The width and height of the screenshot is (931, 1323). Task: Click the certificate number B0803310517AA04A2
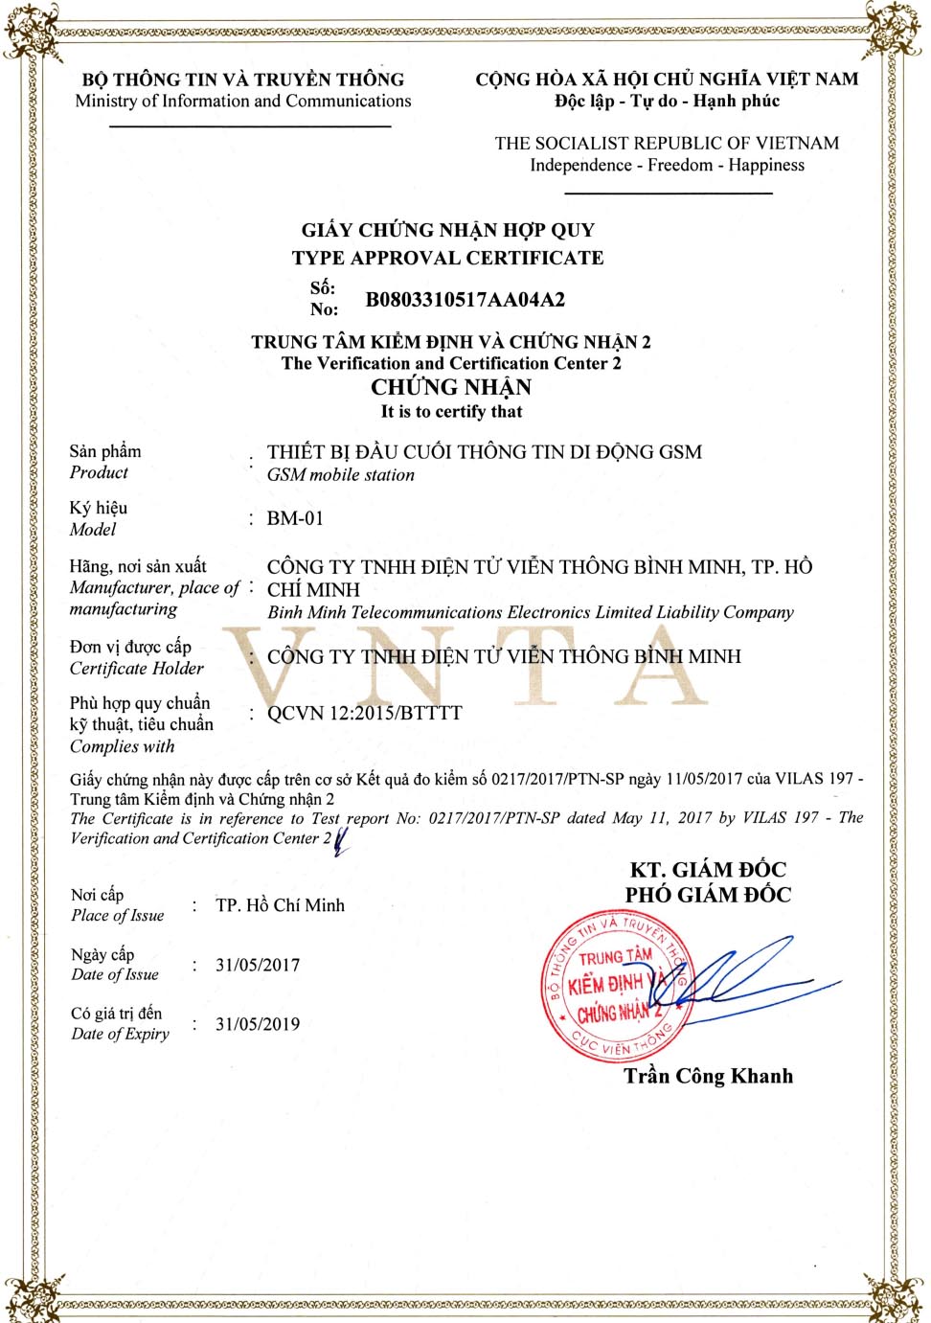(465, 300)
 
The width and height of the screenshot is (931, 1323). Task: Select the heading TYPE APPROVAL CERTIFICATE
(447, 258)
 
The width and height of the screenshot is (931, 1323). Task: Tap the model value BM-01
(295, 518)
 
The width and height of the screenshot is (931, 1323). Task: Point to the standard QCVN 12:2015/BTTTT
(364, 713)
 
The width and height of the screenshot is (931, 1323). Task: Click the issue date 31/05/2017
(258, 965)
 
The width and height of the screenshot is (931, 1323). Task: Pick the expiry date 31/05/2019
(258, 1024)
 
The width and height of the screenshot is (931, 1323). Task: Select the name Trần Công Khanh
(708, 1076)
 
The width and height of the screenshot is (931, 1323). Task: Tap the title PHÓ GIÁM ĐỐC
(708, 895)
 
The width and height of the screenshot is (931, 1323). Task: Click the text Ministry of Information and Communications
(243, 101)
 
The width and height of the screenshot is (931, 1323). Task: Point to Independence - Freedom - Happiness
(667, 165)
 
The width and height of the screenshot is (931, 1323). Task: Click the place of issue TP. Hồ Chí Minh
(280, 905)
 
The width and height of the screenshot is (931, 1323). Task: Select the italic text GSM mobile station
(340, 474)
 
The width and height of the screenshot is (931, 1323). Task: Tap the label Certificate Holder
(136, 668)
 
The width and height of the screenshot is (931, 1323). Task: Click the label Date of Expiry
(120, 1034)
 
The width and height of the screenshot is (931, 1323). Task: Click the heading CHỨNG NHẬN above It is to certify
(451, 387)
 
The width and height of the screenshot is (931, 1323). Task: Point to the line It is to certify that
(451, 412)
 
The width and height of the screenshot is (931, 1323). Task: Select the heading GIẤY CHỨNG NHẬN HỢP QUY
(447, 230)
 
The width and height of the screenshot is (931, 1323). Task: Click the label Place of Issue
(117, 915)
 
